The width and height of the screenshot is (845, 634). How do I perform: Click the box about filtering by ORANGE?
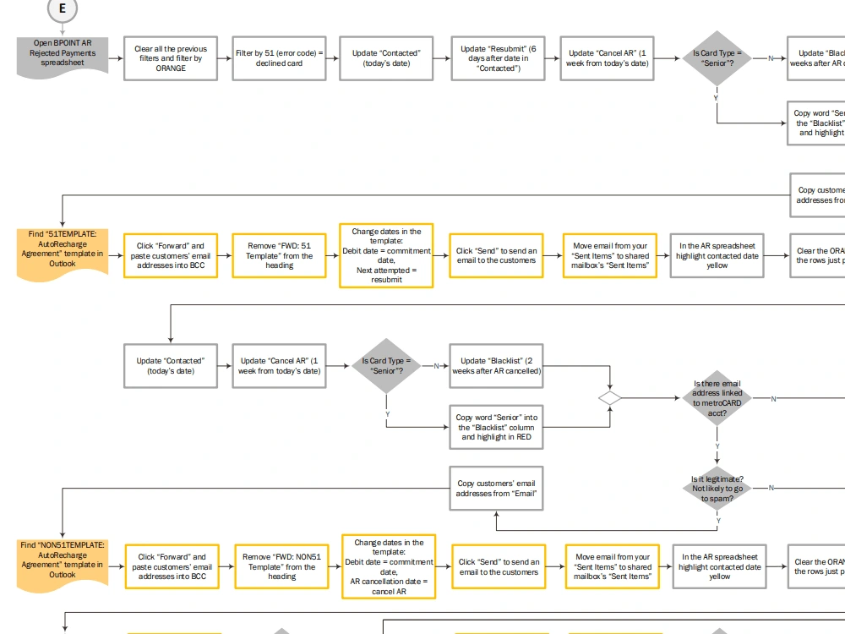click(x=170, y=58)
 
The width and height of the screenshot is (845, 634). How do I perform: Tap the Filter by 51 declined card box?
click(x=279, y=58)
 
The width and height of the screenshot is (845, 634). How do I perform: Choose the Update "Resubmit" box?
click(x=497, y=58)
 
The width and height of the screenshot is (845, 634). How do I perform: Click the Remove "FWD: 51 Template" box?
click(x=280, y=256)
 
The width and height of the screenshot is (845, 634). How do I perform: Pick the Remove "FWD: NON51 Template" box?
click(x=281, y=567)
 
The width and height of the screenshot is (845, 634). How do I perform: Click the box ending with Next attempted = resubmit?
click(x=386, y=256)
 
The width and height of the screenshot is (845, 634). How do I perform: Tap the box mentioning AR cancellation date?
click(x=389, y=566)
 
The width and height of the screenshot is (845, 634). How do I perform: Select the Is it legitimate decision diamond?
click(x=717, y=489)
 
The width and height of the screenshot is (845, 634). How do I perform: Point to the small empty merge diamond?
click(x=609, y=397)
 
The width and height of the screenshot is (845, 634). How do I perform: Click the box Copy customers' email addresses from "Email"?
click(x=496, y=489)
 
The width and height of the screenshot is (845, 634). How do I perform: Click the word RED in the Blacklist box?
click(x=523, y=437)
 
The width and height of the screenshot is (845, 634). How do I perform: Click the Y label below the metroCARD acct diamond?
click(x=717, y=446)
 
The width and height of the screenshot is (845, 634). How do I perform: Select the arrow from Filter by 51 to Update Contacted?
click(x=332, y=58)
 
